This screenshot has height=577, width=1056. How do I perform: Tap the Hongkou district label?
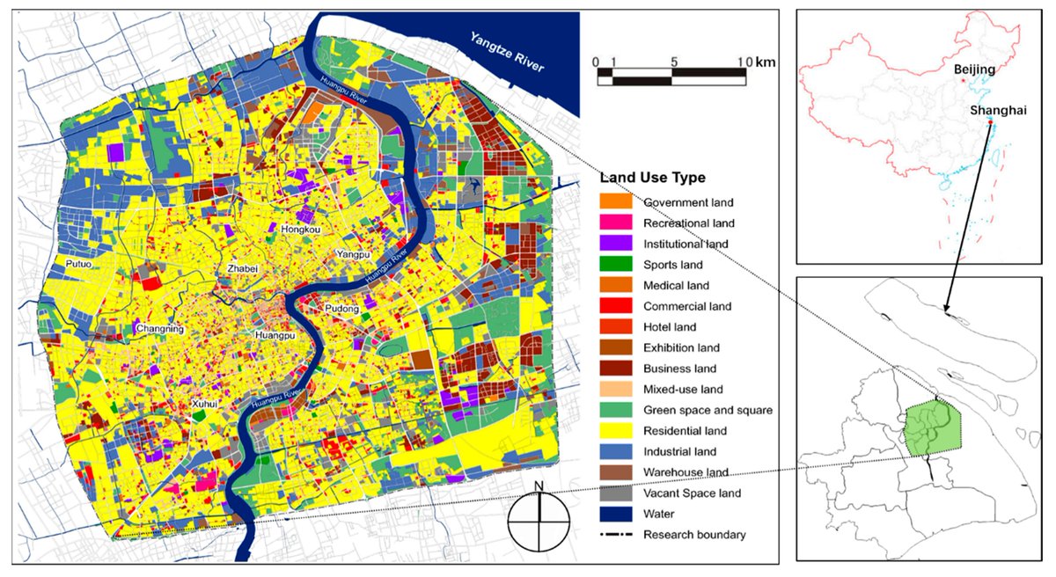[x=301, y=229]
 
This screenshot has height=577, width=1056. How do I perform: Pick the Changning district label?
[x=160, y=329]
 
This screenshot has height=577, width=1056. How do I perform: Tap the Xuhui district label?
[x=205, y=403]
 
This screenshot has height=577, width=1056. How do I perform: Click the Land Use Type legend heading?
[x=652, y=178]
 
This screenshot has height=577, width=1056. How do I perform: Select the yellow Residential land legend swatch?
[x=614, y=431]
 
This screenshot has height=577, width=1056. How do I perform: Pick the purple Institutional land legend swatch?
[x=614, y=245]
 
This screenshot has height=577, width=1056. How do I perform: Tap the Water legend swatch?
[x=614, y=514]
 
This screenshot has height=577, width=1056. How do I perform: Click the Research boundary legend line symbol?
[x=614, y=535]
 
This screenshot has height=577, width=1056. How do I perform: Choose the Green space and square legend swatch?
[x=614, y=410]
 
